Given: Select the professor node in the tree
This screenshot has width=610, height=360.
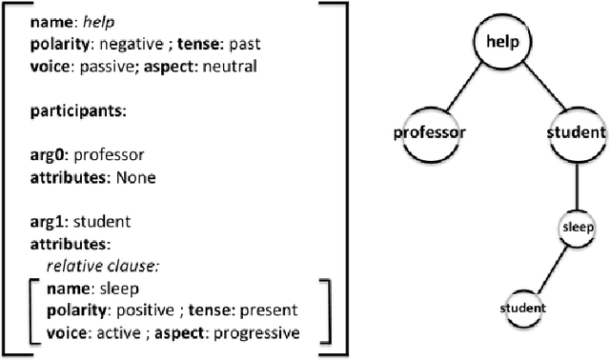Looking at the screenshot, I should (x=429, y=132).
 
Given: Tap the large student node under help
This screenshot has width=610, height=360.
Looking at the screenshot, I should (x=577, y=131).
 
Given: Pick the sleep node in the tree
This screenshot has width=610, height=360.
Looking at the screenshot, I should (x=577, y=229).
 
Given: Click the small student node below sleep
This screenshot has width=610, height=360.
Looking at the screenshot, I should (x=523, y=308).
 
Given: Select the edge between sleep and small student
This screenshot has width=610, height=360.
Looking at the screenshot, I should (x=550, y=269).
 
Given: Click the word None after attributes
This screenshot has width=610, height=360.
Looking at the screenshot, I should (x=136, y=177).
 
